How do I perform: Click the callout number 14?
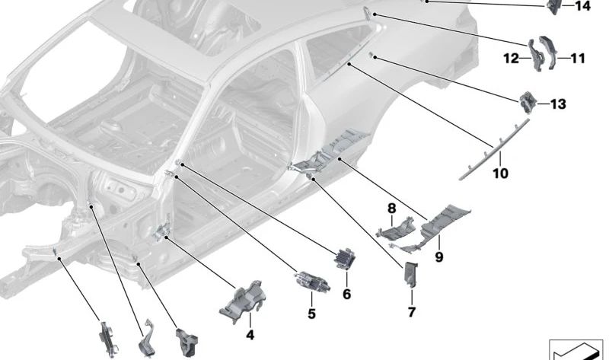582,7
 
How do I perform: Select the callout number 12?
511,58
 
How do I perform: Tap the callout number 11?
578,58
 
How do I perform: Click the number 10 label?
500,174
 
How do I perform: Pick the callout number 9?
439,257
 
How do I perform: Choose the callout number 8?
391,208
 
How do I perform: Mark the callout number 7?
411,312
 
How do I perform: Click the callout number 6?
346,294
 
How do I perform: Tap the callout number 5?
311,313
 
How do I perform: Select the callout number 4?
249,335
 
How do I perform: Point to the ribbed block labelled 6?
345,259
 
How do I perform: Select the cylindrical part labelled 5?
311,281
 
